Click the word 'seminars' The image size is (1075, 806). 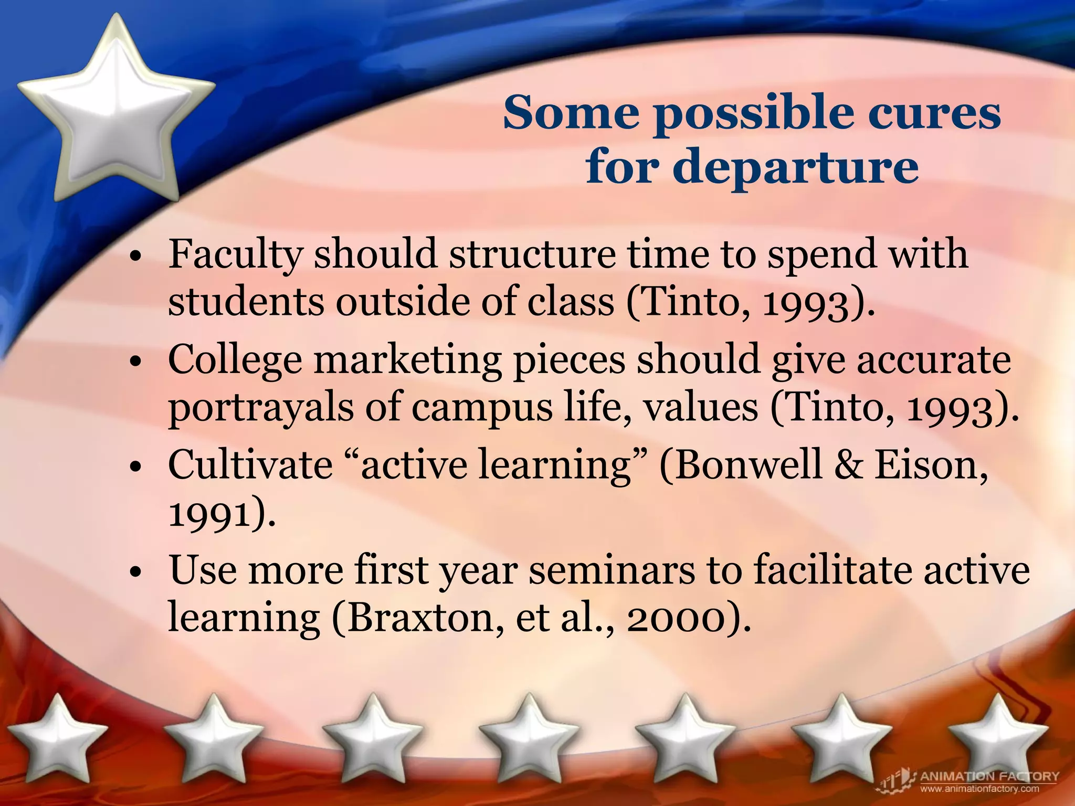coord(611,571)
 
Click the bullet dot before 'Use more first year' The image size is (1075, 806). coord(135,573)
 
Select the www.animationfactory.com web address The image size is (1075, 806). coord(979,789)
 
